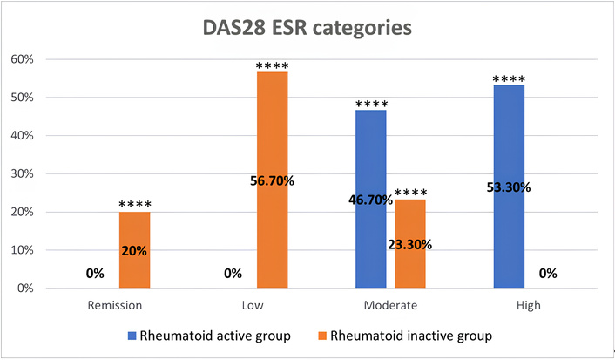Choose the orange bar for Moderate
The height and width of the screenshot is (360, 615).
[x=409, y=243]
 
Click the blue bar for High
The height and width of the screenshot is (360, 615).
[x=509, y=187]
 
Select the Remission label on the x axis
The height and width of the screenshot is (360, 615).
[x=114, y=306]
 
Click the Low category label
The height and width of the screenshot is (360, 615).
[x=253, y=306]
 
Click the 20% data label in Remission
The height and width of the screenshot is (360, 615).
[x=134, y=251]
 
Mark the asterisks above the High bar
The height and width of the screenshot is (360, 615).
[x=509, y=79]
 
